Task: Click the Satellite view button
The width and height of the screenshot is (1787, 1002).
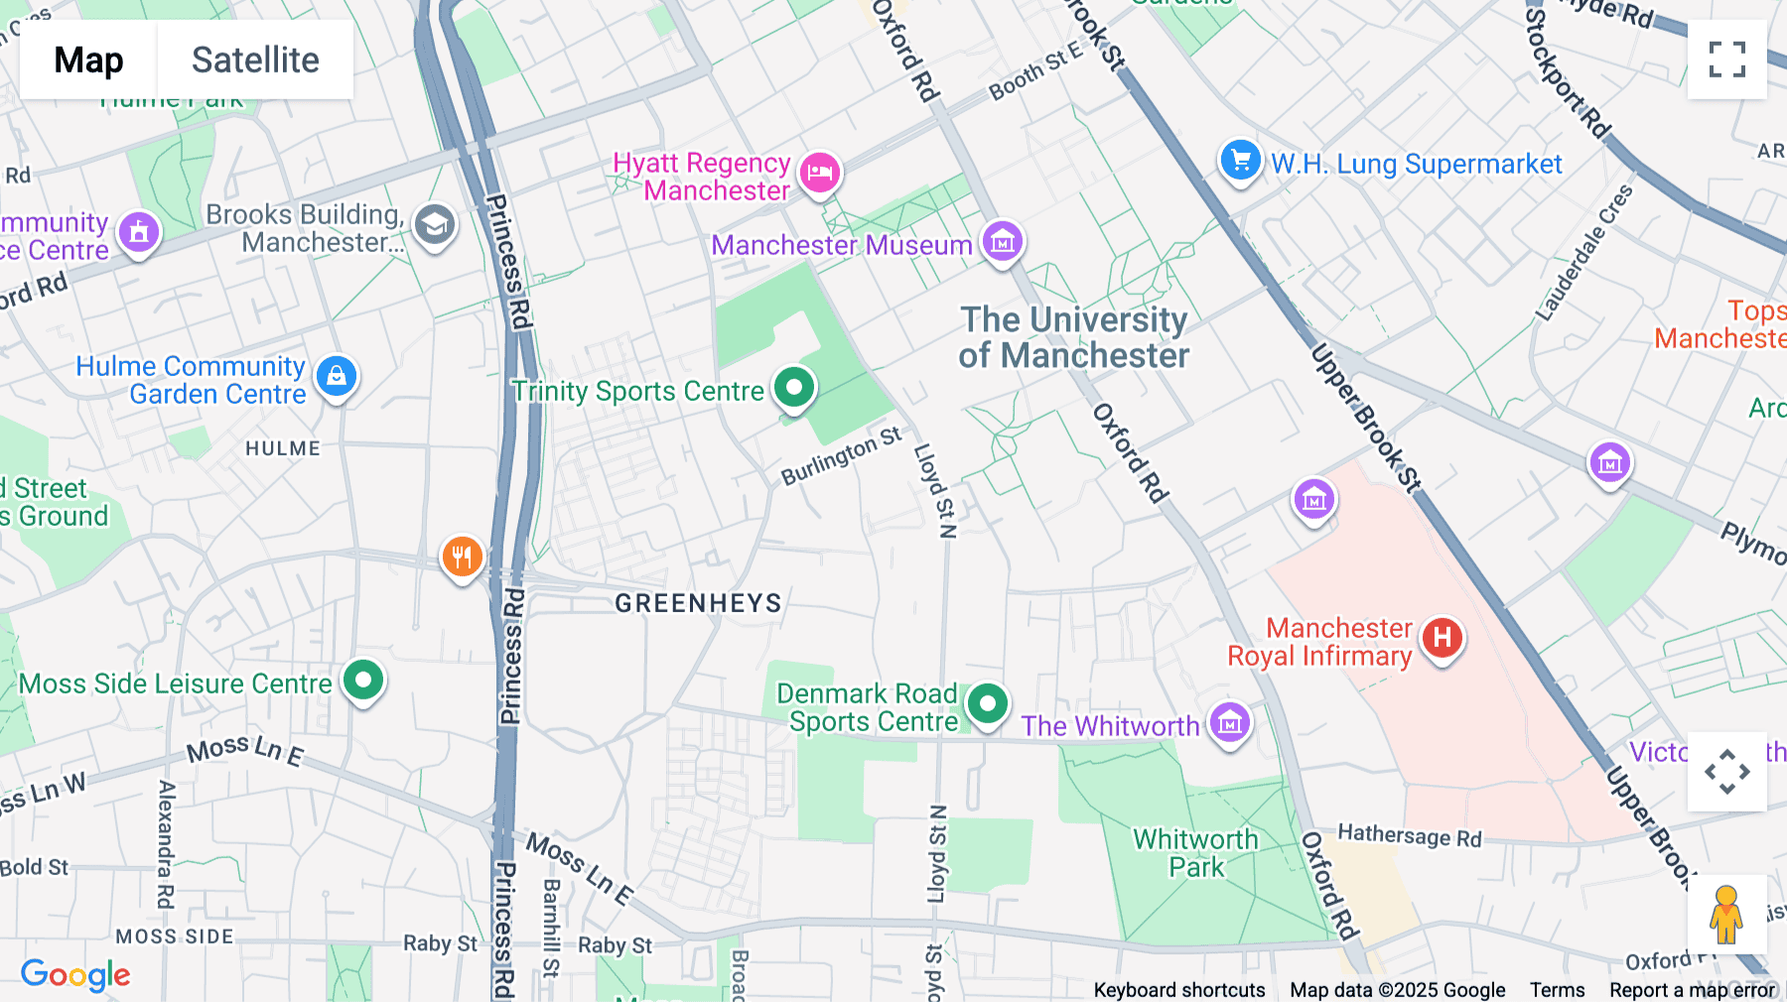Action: click(x=255, y=60)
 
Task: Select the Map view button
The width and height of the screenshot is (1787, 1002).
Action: click(x=88, y=60)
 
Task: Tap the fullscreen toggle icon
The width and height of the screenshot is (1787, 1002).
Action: click(x=1726, y=60)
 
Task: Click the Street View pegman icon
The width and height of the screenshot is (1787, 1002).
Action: click(x=1726, y=915)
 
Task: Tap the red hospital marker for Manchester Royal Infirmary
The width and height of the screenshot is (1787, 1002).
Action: click(x=1442, y=638)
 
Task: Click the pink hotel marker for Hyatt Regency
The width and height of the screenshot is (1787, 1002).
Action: click(x=819, y=174)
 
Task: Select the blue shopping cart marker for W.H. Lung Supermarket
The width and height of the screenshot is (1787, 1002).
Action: click(x=1240, y=160)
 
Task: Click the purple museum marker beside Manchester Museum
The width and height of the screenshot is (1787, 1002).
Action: click(x=1003, y=241)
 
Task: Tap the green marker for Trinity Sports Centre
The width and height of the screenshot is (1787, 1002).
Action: click(x=794, y=387)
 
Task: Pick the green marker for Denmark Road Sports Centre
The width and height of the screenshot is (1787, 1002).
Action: click(x=987, y=704)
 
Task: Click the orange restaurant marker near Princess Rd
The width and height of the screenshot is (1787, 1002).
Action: click(x=462, y=557)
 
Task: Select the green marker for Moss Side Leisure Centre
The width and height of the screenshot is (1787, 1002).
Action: click(x=363, y=681)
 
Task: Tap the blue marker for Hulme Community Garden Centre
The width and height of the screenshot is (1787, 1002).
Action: click(x=337, y=376)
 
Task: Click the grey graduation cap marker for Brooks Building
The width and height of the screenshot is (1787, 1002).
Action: click(x=434, y=225)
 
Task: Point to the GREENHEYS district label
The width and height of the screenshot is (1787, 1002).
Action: click(x=698, y=602)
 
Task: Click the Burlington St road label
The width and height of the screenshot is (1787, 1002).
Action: click(x=841, y=456)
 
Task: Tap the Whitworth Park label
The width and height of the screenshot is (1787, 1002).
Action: click(x=1195, y=853)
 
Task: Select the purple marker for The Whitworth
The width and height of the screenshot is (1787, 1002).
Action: click(x=1230, y=723)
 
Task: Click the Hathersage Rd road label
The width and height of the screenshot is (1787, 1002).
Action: click(x=1409, y=836)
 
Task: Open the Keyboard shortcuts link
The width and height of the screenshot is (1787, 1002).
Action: click(x=1178, y=990)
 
